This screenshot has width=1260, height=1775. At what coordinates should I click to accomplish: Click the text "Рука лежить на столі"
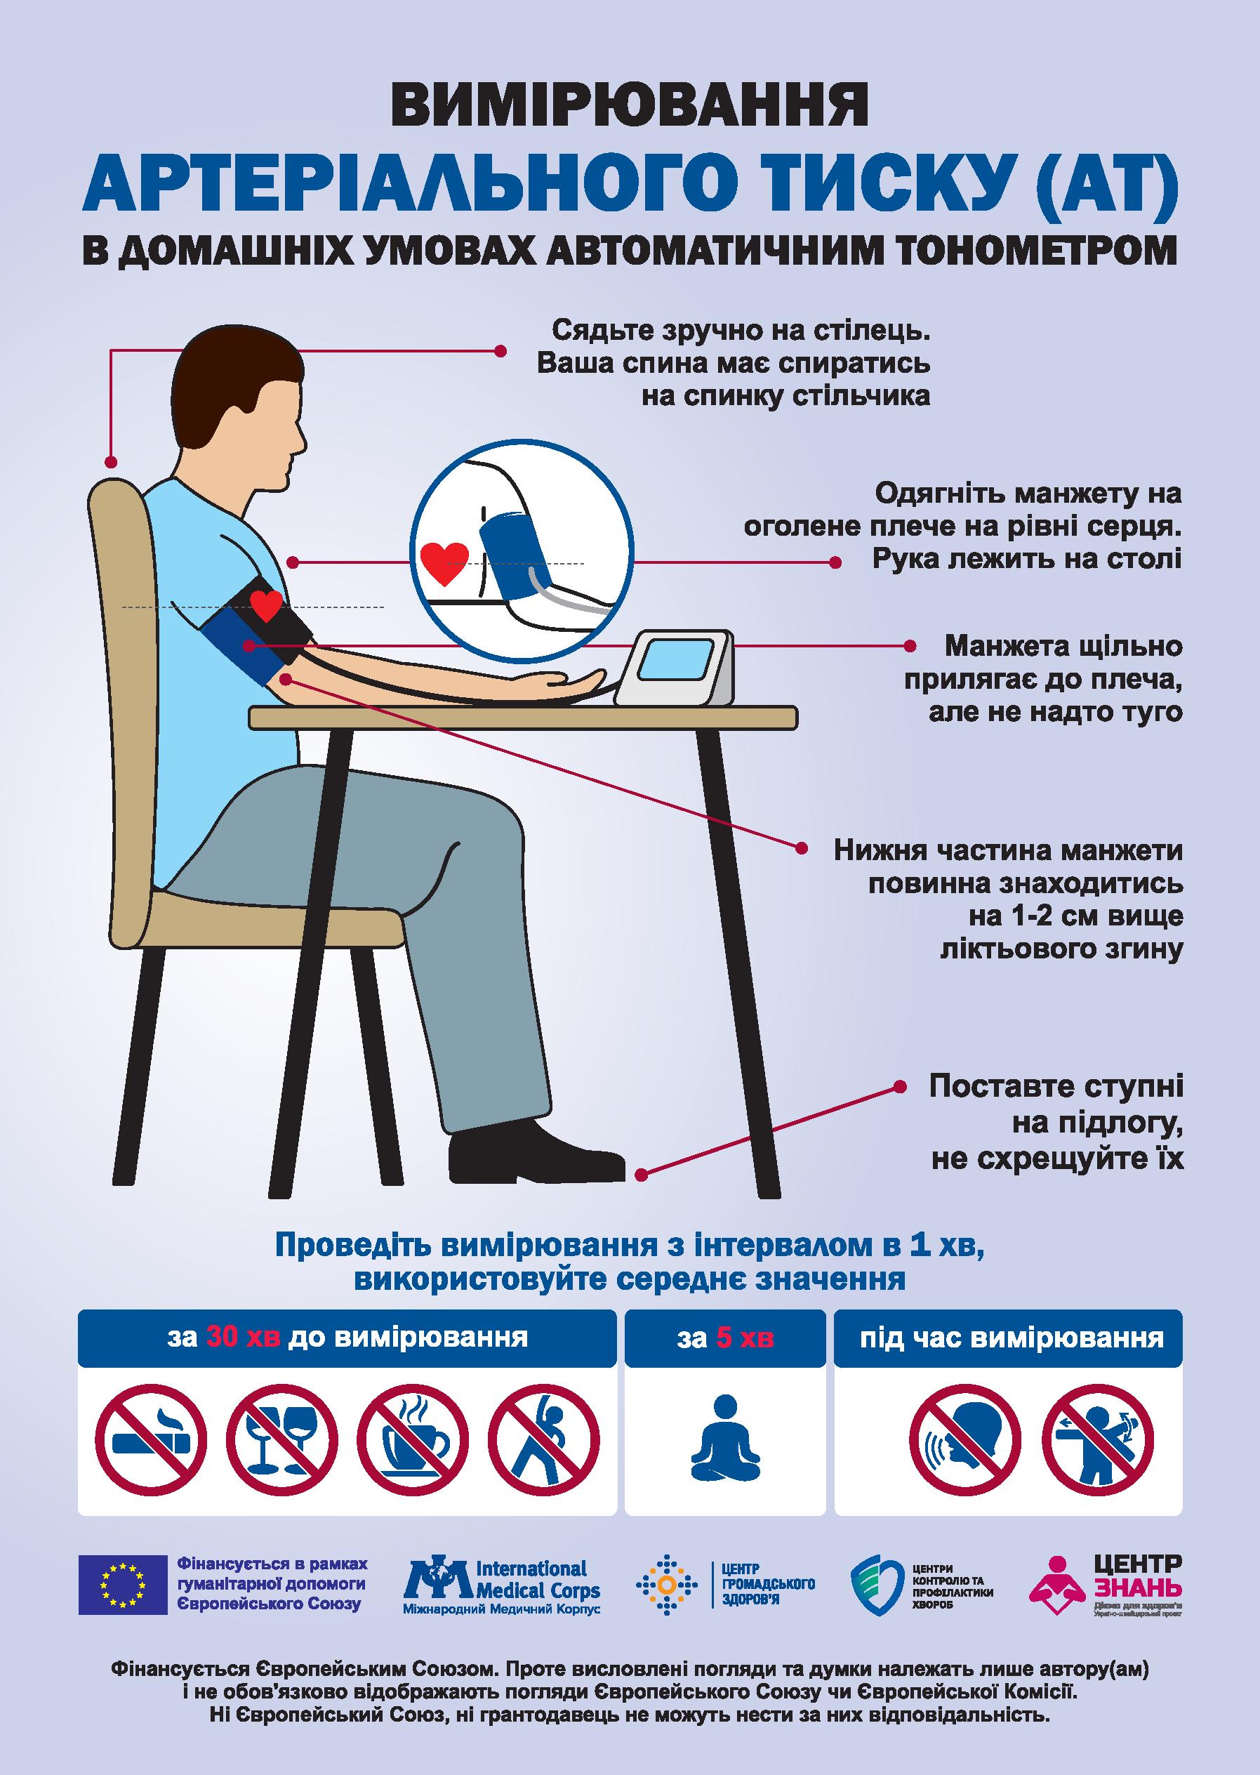[1026, 559]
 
